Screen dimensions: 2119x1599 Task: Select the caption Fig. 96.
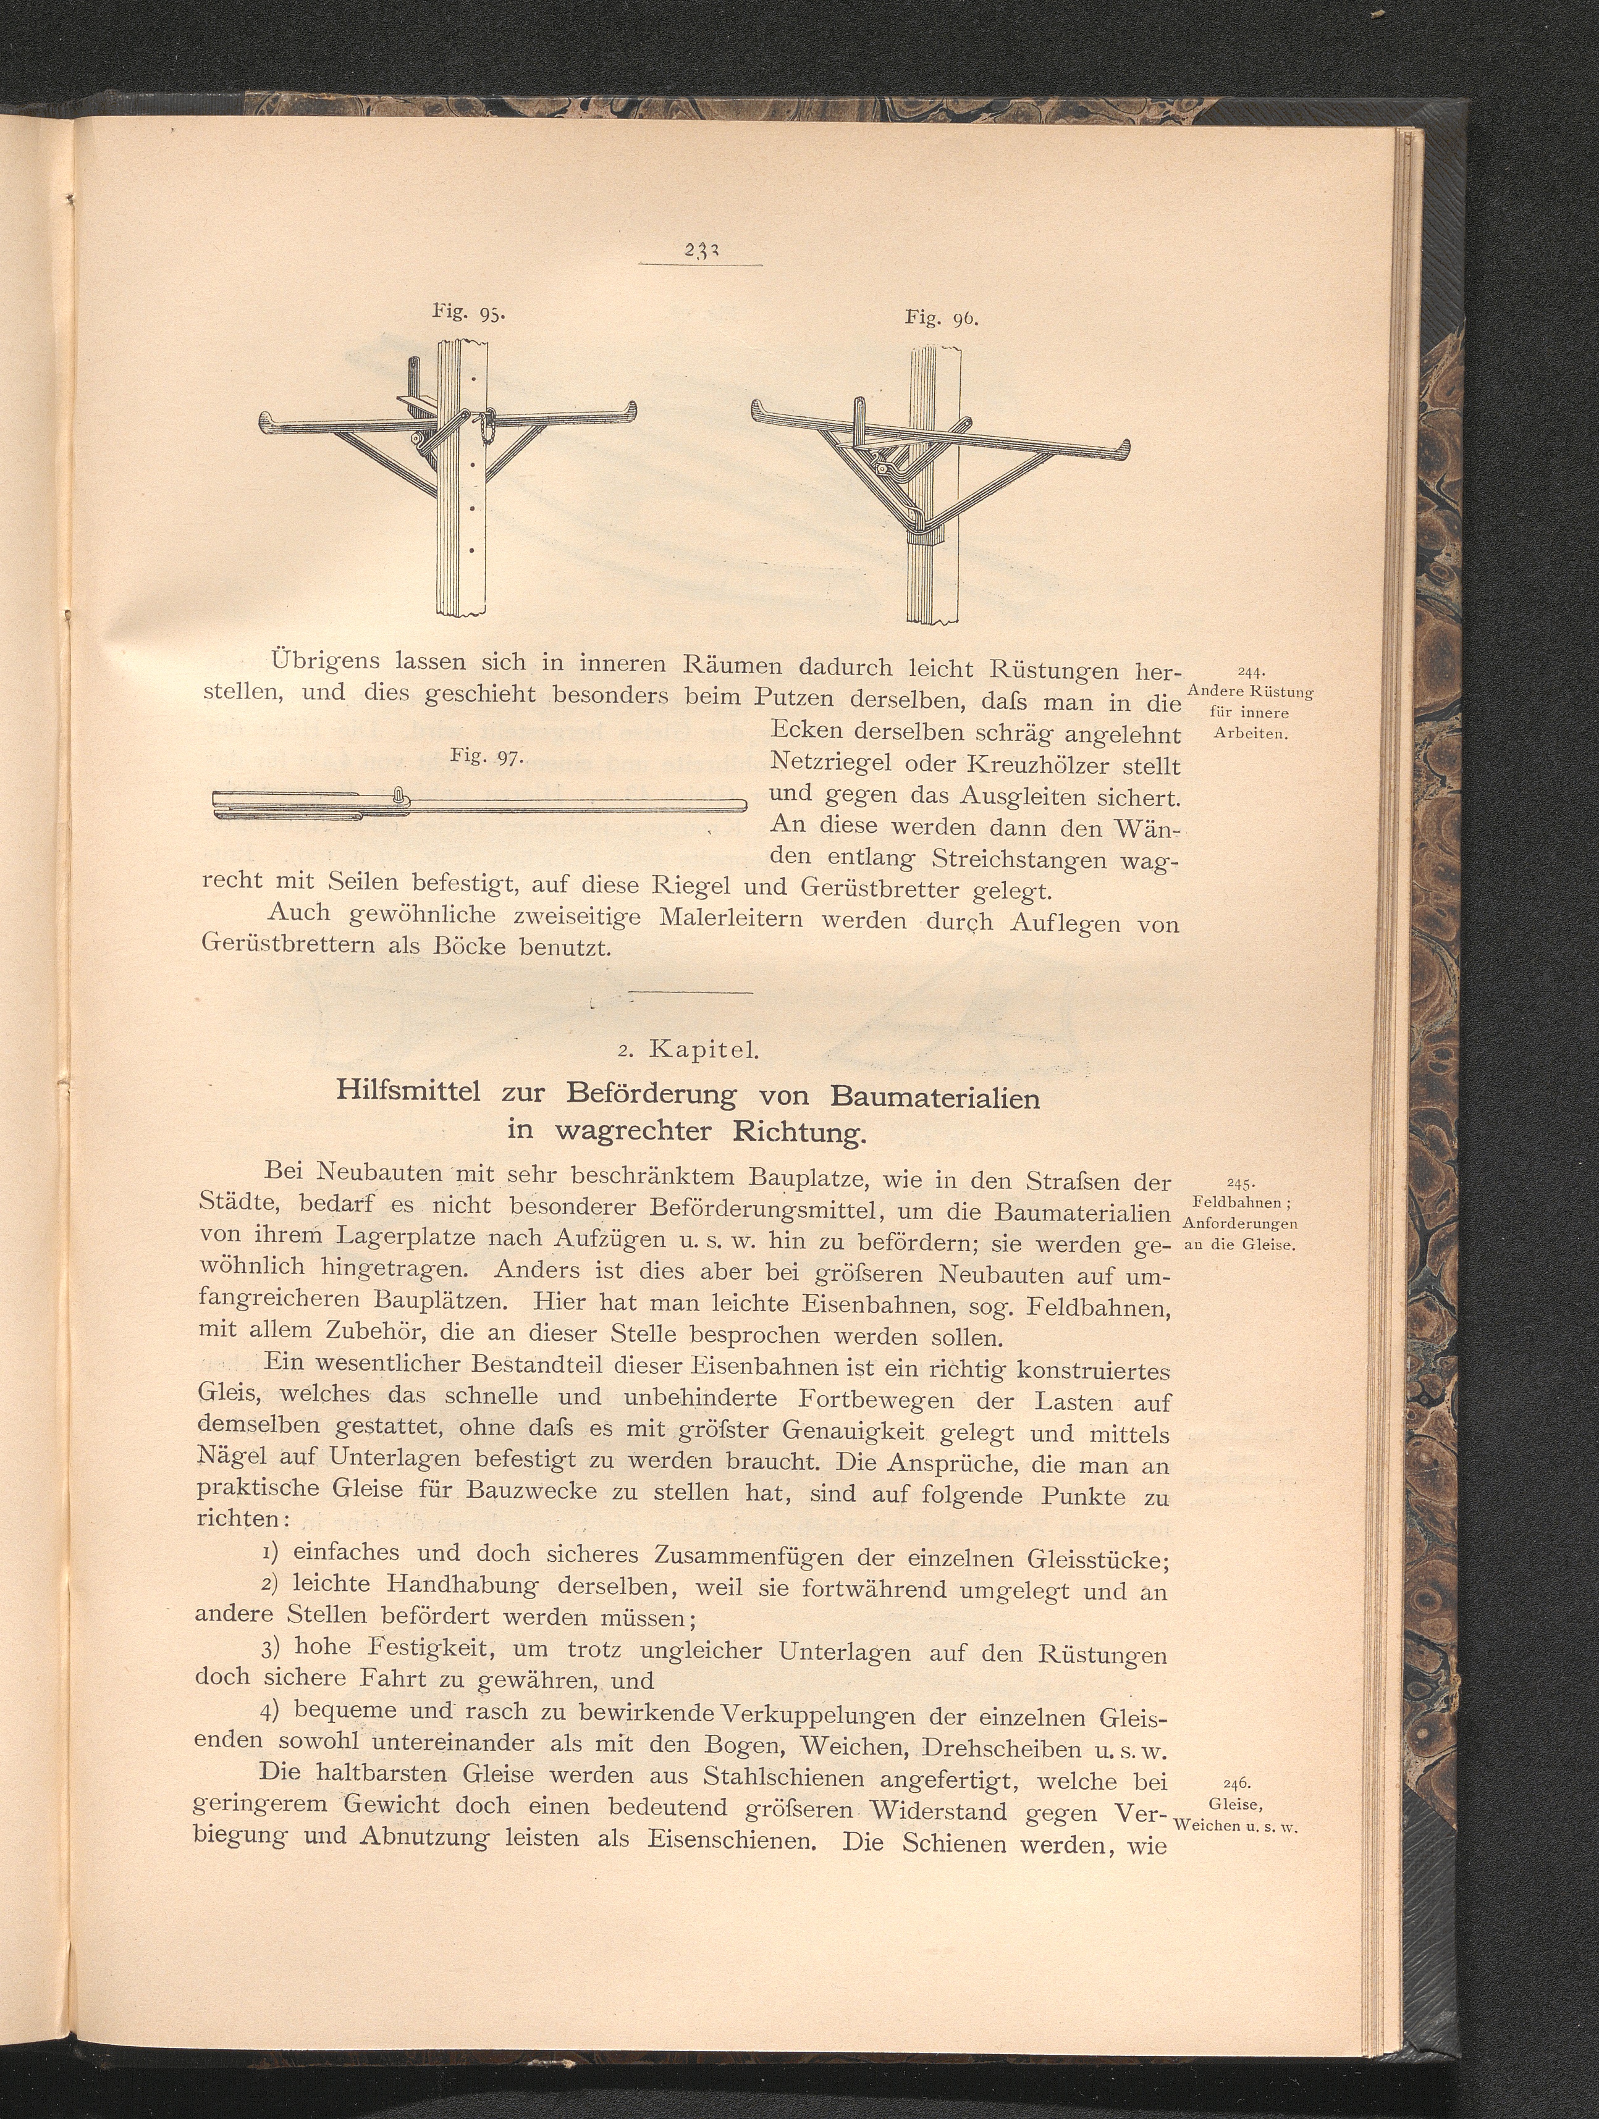coord(942,317)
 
